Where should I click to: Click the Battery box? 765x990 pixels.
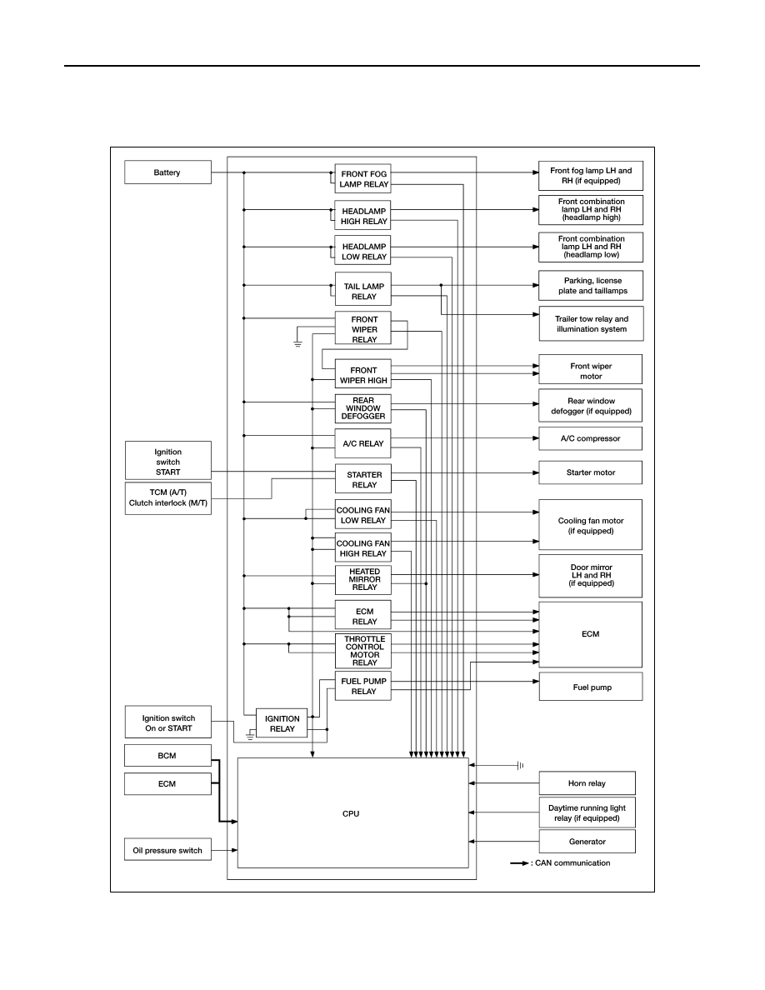pyautogui.click(x=167, y=172)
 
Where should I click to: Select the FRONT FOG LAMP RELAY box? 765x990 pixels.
pyautogui.click(x=363, y=178)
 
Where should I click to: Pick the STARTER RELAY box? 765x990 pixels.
pyautogui.click(x=363, y=480)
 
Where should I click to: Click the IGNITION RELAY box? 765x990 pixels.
pyautogui.click(x=282, y=723)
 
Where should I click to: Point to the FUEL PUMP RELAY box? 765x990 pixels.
pyautogui.click(x=363, y=687)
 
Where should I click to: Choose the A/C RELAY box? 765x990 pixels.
pyautogui.click(x=363, y=443)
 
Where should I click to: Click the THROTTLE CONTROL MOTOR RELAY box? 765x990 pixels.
pyautogui.click(x=363, y=651)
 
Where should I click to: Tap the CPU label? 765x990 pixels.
pyautogui.click(x=351, y=814)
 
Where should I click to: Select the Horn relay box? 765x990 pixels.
pyautogui.click(x=587, y=782)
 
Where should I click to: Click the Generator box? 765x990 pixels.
pyautogui.click(x=587, y=842)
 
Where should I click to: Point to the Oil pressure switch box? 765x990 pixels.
pyautogui.click(x=167, y=851)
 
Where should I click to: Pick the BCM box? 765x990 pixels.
pyautogui.click(x=167, y=756)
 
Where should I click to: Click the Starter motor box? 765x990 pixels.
pyautogui.click(x=590, y=472)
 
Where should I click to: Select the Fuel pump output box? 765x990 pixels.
pyautogui.click(x=591, y=687)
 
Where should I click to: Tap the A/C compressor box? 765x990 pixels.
pyautogui.click(x=590, y=438)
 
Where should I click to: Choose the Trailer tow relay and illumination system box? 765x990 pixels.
pyautogui.click(x=591, y=324)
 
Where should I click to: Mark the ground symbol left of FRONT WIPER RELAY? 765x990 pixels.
pyautogui.click(x=297, y=343)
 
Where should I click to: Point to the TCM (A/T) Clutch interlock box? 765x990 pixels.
pyautogui.click(x=167, y=498)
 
